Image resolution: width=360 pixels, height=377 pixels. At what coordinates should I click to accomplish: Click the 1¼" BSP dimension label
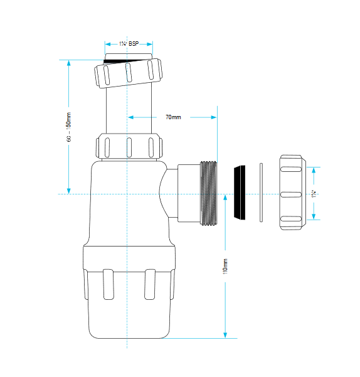point(129,44)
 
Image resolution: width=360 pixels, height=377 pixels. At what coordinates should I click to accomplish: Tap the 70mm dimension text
point(173,117)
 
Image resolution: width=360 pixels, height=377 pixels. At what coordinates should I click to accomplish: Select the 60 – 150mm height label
point(69,127)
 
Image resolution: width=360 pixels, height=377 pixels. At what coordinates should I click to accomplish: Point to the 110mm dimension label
point(225,267)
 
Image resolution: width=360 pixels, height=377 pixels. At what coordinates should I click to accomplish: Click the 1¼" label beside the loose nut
point(314,194)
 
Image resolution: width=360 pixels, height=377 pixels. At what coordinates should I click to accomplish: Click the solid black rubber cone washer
point(240,193)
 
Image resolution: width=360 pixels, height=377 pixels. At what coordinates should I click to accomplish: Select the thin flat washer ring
point(262,193)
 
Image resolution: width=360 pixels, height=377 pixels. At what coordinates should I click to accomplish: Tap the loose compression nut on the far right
point(293,193)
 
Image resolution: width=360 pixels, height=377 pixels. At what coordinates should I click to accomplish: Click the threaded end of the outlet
point(209,193)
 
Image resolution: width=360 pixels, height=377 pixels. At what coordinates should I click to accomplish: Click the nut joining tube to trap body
point(129,147)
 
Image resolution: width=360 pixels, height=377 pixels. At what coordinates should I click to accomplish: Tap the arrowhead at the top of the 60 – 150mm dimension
point(69,63)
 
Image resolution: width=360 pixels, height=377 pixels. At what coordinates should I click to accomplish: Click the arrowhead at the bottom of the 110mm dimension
point(225,335)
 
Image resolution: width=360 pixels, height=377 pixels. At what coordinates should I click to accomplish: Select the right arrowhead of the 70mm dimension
point(214,117)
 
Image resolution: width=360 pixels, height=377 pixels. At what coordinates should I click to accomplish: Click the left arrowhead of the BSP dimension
point(108,45)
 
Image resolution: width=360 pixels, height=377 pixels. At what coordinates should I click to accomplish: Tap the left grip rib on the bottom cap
point(109,284)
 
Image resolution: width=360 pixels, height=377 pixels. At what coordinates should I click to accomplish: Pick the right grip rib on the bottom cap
point(150,284)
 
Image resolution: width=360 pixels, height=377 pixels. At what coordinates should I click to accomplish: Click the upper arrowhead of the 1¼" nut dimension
point(314,170)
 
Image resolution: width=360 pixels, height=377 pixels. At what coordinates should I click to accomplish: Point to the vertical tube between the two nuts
point(129,109)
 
